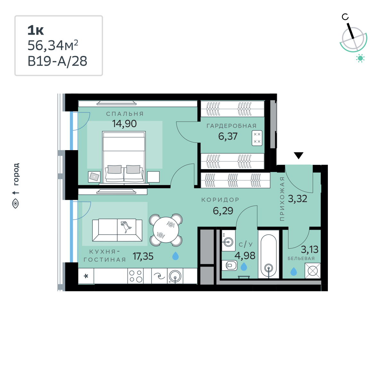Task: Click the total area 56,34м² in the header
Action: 53,46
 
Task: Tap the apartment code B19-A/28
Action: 57,61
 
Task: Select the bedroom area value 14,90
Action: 124,124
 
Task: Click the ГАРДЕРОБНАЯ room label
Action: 232,126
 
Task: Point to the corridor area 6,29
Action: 223,211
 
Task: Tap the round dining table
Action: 166,230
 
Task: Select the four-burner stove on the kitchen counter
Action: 135,276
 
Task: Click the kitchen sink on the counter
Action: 175,276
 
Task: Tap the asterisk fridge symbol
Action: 86,276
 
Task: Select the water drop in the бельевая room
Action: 294,271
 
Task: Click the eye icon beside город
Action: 16,204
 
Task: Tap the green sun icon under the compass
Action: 360,58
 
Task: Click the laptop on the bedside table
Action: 94,176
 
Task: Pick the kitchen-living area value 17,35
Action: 143,256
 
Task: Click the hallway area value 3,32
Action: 297,199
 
